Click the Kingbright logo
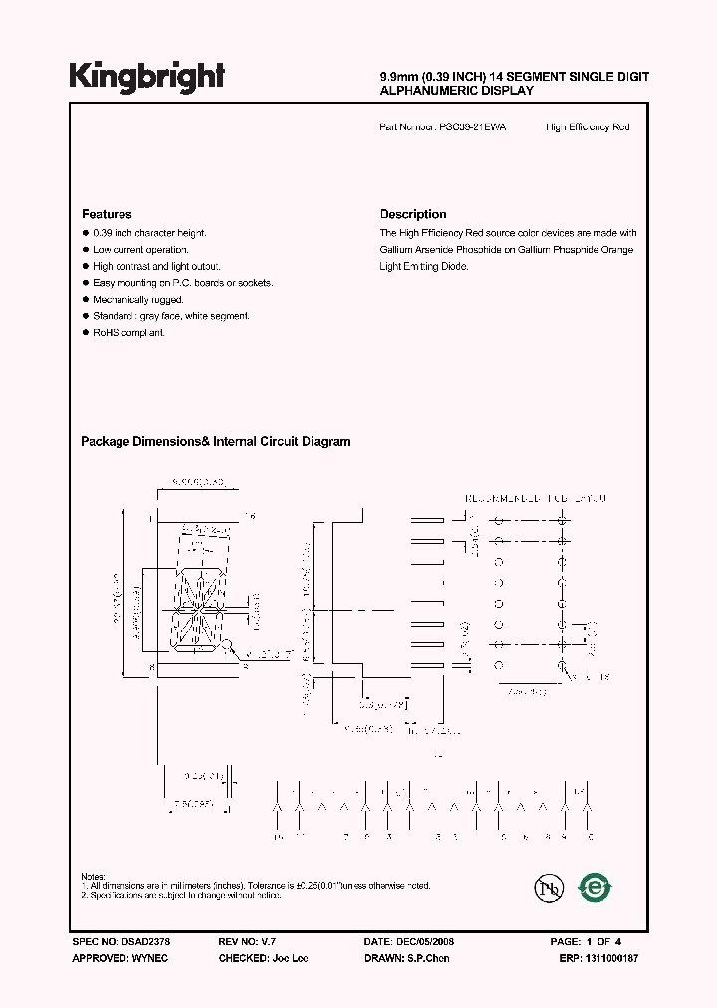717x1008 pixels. pyautogui.click(x=146, y=76)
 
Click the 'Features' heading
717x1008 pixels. pyautogui.click(x=106, y=214)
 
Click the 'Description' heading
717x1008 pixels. pyautogui.click(x=413, y=214)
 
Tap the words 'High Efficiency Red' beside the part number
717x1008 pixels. pyautogui.click(x=588, y=127)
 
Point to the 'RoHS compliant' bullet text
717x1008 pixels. pyautogui.click(x=128, y=332)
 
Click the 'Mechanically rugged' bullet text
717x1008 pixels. pyautogui.click(x=138, y=299)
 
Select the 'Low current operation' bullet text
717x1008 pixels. pyautogui.click(x=139, y=249)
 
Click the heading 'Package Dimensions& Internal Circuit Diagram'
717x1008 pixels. pyautogui.click(x=214, y=442)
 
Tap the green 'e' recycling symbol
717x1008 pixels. pyautogui.click(x=596, y=887)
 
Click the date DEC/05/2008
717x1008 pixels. pyautogui.click(x=429, y=941)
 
